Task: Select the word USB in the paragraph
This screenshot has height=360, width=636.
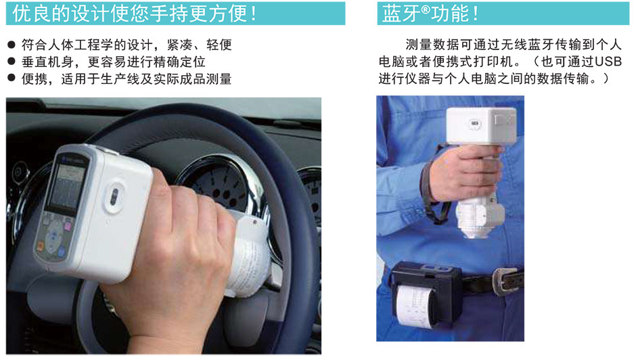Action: click(607, 62)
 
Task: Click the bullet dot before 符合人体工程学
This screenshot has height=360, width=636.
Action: click(12, 45)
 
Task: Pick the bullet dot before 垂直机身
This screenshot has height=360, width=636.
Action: click(12, 62)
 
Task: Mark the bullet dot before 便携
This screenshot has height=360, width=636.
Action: click(12, 79)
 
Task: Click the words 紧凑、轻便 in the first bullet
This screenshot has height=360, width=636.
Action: click(206, 45)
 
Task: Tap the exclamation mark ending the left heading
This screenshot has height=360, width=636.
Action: click(253, 13)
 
